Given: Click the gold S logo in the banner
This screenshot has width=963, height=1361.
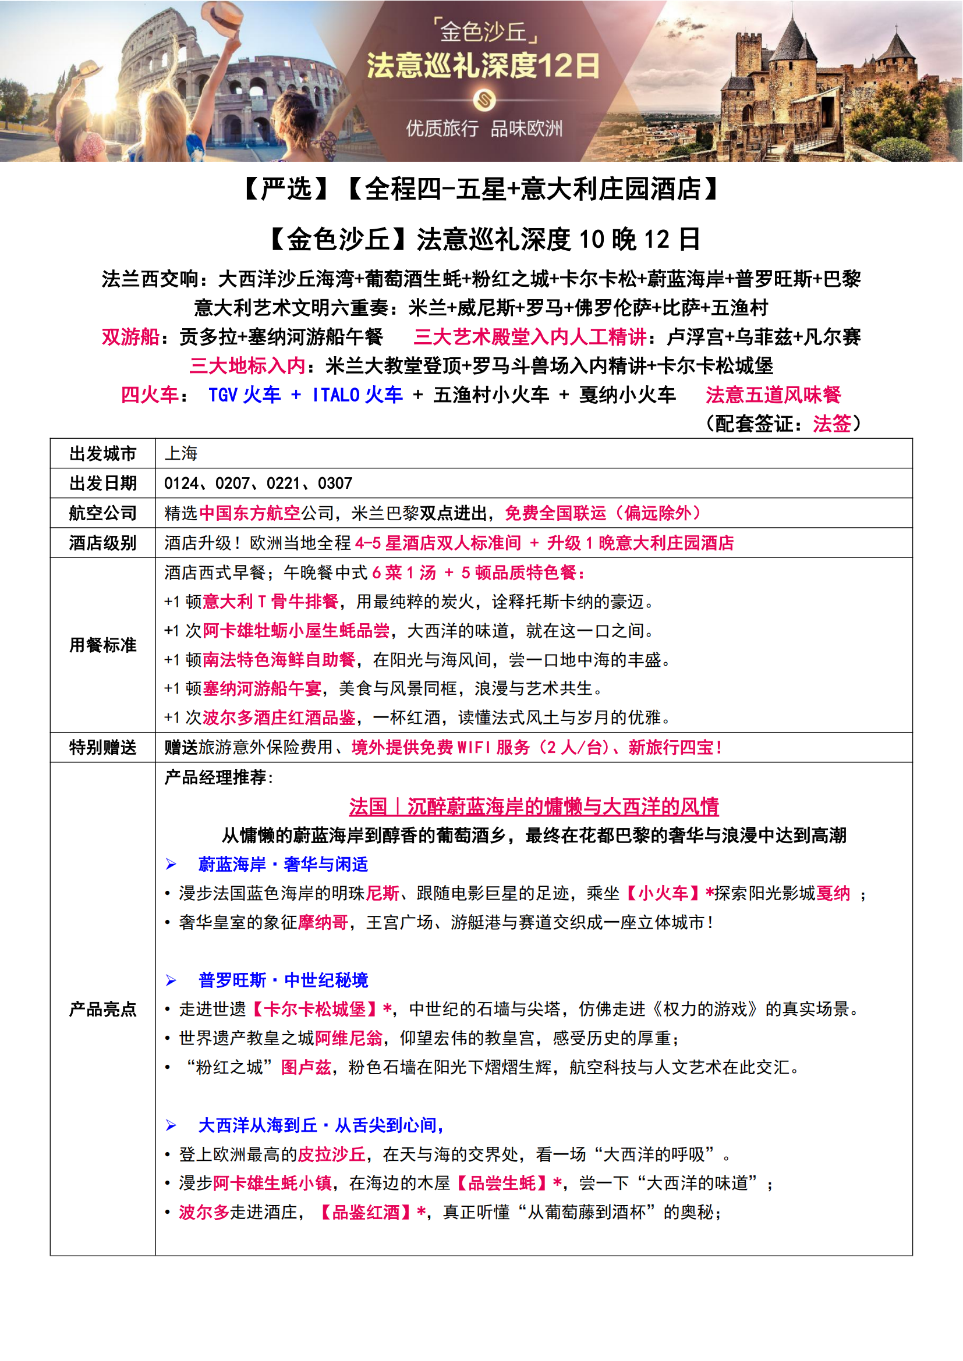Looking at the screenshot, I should (484, 100).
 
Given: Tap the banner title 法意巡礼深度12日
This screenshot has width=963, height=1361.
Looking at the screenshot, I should (483, 66).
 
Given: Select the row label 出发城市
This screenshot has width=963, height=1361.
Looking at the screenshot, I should (102, 453).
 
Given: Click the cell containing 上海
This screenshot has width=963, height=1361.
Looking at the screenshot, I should (181, 453).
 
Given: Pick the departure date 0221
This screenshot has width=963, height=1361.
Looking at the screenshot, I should (284, 484).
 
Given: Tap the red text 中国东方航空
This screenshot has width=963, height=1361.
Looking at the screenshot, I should (250, 513).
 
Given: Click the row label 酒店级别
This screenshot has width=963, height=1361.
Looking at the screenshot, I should (102, 543).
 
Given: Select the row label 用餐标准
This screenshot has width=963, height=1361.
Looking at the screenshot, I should (102, 645).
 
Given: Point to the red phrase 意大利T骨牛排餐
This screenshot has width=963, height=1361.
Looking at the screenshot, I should (270, 602).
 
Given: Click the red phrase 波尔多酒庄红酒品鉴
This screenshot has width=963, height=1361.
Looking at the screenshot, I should (279, 718).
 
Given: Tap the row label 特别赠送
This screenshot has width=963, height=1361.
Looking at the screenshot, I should (102, 748).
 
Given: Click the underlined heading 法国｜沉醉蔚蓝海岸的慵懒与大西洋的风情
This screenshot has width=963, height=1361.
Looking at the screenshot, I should (534, 806).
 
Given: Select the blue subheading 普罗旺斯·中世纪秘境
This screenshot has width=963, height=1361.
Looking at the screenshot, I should (283, 980).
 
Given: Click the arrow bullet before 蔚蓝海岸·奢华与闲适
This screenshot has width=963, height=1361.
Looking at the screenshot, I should (171, 865).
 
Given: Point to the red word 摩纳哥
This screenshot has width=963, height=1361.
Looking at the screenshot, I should (323, 922).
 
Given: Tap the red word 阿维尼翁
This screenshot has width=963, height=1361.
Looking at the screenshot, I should (349, 1039).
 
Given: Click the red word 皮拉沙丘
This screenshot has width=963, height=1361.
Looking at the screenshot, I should (331, 1154).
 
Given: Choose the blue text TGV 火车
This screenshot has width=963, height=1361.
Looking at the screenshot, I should (245, 395).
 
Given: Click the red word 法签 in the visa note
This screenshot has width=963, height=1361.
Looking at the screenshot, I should (831, 424).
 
